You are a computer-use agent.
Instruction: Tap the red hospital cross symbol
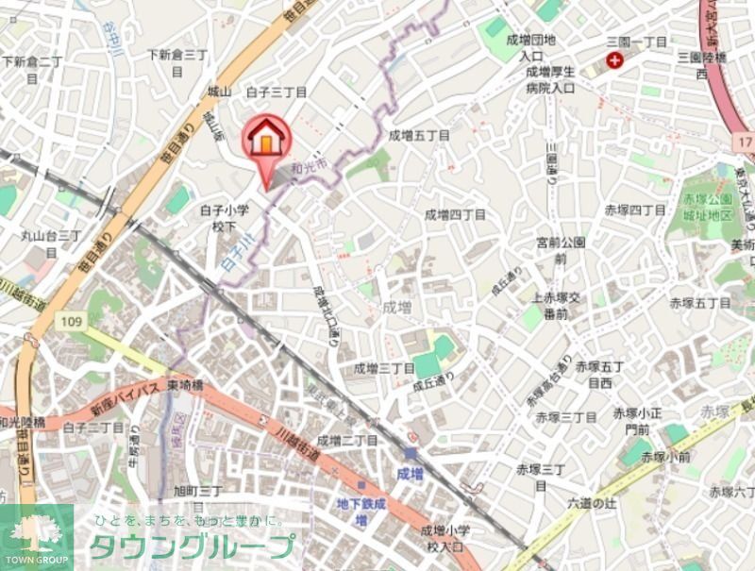coord(615,60)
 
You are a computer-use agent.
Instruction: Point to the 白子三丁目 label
coord(277,92)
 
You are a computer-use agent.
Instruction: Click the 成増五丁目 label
coord(419,136)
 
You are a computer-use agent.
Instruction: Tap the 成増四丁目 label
coord(455,215)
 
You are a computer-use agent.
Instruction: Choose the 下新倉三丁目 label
coord(177,62)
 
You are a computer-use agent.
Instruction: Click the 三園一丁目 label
coord(636,42)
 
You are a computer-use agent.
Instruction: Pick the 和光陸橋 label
coord(23,423)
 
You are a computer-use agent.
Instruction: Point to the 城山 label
coord(219,92)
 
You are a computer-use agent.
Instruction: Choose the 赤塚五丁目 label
coord(700,303)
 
